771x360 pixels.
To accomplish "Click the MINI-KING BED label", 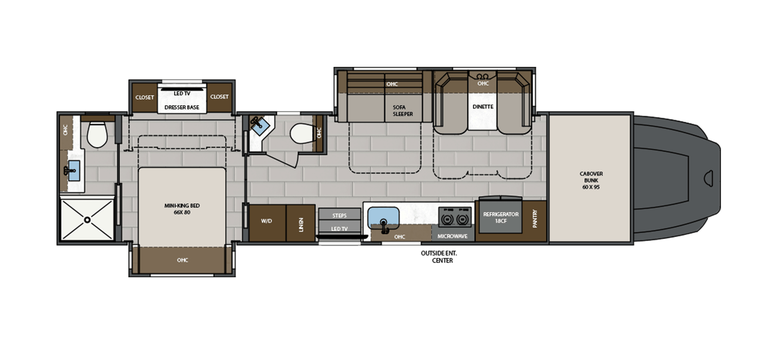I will pos(182,209).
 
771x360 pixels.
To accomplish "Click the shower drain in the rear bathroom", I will pos(87,219).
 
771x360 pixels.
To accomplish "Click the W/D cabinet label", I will pos(266,221).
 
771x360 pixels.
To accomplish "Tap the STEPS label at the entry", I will pos(339,215).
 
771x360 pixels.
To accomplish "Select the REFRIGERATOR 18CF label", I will pos(501,217).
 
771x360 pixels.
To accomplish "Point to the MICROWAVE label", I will pos(452,236).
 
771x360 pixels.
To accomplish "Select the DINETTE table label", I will pos(483,107).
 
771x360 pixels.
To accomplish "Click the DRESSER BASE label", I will pos(182,107).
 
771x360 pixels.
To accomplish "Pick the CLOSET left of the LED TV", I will pos(145,97).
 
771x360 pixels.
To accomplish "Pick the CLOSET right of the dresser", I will pos(219,97).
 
